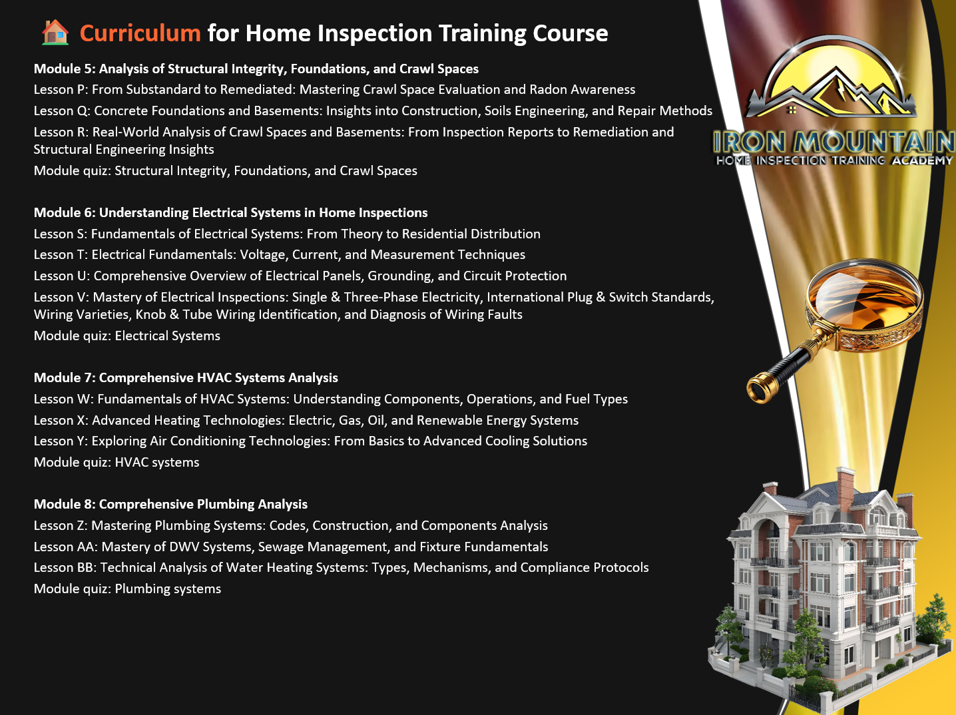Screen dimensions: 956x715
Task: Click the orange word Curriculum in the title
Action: pyautogui.click(x=140, y=33)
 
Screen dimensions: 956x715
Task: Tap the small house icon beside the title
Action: pyautogui.click(x=55, y=32)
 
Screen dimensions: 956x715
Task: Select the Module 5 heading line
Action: pyautogui.click(x=256, y=69)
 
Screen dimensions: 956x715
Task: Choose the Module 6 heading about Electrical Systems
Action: pyautogui.click(x=231, y=212)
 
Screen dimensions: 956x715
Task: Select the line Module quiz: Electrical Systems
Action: pyautogui.click(x=126, y=336)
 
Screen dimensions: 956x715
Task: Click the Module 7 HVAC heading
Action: pyautogui.click(x=186, y=377)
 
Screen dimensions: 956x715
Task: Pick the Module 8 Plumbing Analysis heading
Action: pyautogui.click(x=170, y=504)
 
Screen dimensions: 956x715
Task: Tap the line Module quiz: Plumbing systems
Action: pyautogui.click(x=127, y=589)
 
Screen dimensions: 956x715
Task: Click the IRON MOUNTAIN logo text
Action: pyautogui.click(x=834, y=142)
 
